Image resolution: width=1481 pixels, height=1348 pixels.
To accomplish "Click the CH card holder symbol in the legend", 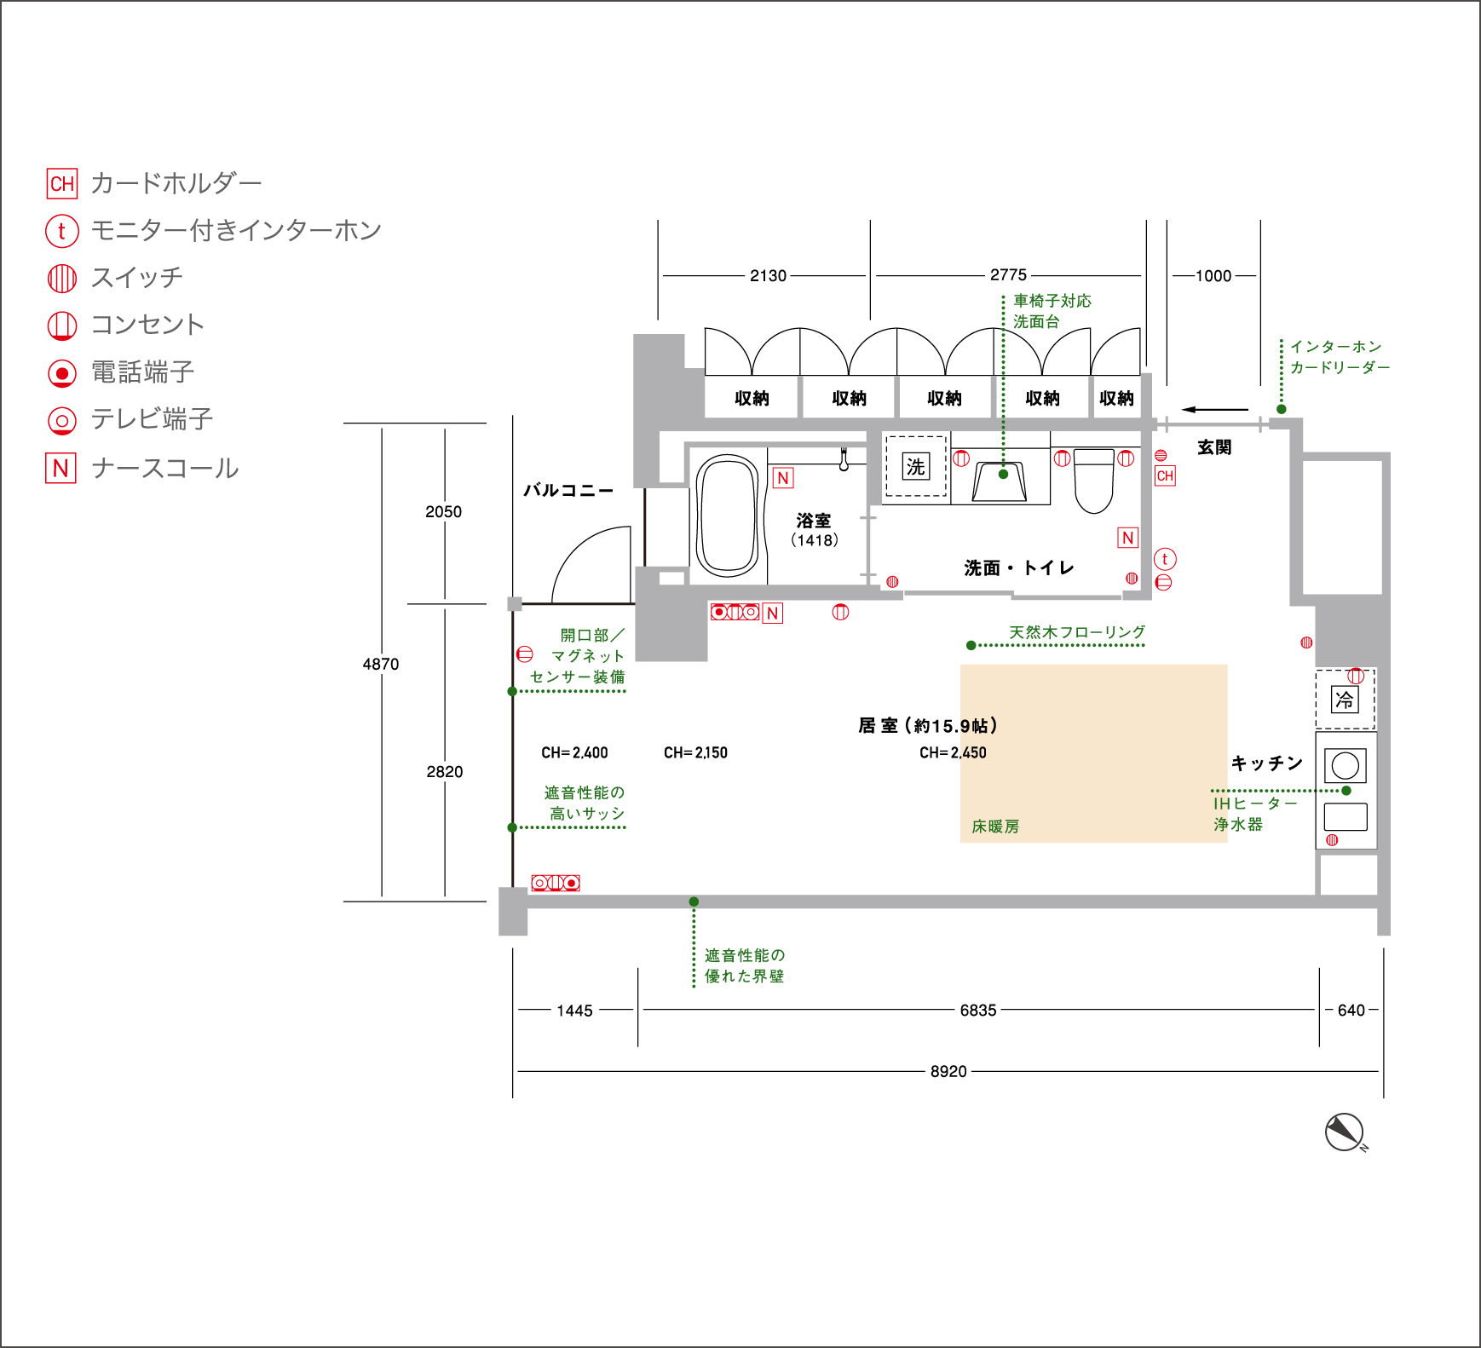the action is (x=61, y=183).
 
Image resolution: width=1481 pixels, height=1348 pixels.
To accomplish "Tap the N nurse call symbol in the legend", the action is (x=61, y=468).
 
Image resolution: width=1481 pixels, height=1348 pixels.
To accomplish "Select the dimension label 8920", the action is (x=948, y=1071).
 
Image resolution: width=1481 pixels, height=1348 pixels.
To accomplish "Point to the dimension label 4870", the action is (x=381, y=664).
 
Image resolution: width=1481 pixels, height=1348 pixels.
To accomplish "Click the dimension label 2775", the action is (x=1008, y=274).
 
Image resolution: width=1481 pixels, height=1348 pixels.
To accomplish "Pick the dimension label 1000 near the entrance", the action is (x=1213, y=275).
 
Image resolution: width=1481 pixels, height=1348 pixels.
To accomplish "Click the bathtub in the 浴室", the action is (x=727, y=516).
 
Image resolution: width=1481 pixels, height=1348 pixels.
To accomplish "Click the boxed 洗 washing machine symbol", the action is (x=915, y=466).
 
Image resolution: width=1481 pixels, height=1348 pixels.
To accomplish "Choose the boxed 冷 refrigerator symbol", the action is (x=1345, y=700).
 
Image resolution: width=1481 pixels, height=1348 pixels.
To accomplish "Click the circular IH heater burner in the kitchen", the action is (x=1346, y=765).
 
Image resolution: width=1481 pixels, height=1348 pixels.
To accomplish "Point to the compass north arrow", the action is (x=1345, y=1132).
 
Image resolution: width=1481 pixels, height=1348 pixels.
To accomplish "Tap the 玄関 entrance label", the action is (x=1214, y=447).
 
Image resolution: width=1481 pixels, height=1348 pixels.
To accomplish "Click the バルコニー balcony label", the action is (x=568, y=490).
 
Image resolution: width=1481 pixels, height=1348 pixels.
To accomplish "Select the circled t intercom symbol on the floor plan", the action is (x=1165, y=559).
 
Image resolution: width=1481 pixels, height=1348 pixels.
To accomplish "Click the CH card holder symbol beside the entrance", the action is (x=1165, y=475).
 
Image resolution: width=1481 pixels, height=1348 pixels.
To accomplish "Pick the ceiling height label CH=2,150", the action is (x=695, y=752).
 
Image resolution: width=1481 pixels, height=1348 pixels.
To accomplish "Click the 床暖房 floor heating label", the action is (x=995, y=827).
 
